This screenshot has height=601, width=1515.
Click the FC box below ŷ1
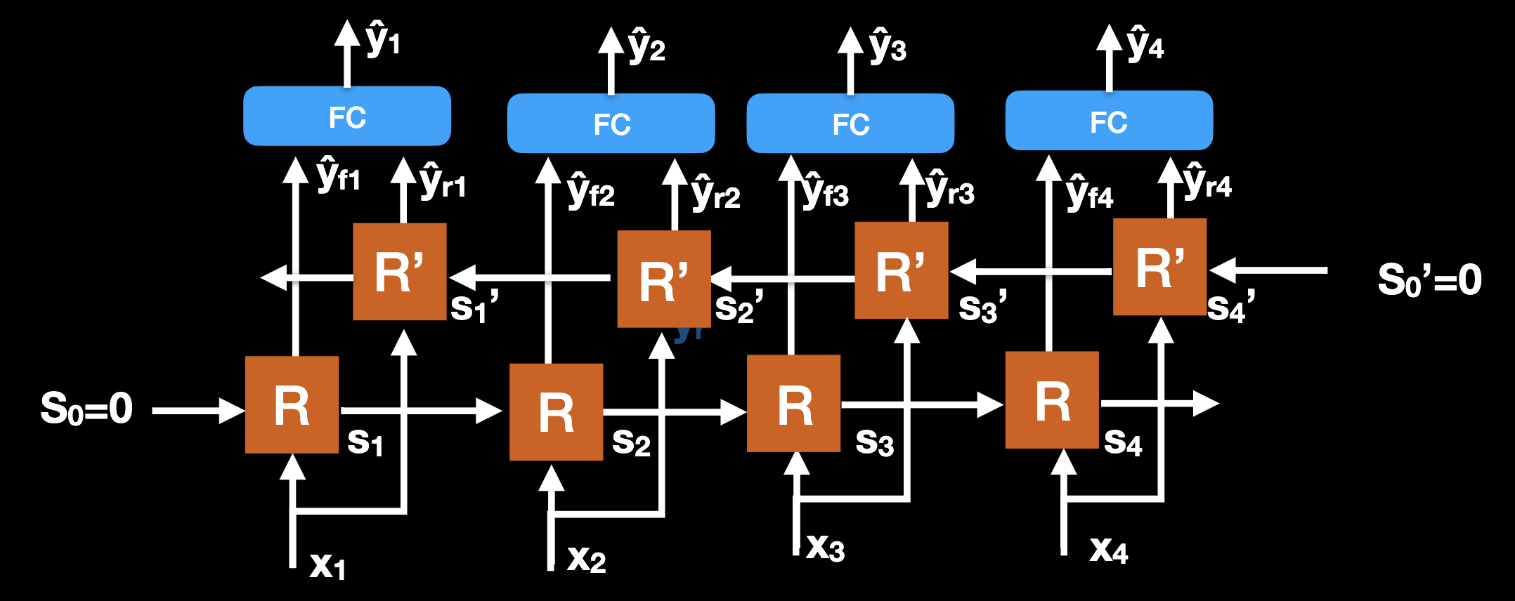point(346,117)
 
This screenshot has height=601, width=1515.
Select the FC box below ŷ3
point(850,124)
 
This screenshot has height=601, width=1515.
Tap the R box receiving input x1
point(292,405)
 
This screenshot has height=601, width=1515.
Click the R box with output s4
point(1052,400)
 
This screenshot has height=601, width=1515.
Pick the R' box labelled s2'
point(664,279)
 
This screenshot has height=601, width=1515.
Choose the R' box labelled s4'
point(1160,267)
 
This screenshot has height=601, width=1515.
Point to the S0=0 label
point(86,409)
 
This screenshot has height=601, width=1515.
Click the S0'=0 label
point(1429,279)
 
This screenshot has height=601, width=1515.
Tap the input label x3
point(826,547)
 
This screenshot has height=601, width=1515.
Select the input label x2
point(587,559)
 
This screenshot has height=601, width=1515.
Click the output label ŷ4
point(1145,44)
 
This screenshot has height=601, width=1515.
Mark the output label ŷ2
point(646,46)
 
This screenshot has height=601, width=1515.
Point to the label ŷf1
point(338,176)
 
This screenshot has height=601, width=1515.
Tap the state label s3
point(874,442)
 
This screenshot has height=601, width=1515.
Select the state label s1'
point(474,306)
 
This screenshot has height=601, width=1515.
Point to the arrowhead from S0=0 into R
point(232,411)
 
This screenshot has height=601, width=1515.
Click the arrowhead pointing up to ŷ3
point(850,40)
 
